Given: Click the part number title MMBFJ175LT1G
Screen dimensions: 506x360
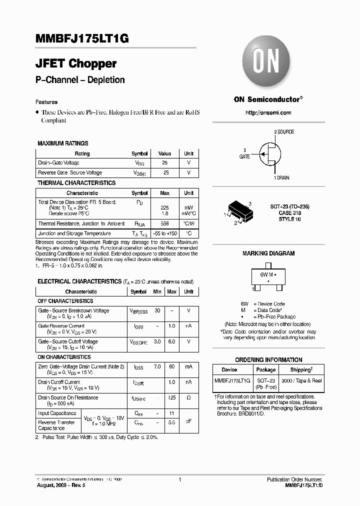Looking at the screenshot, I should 82,40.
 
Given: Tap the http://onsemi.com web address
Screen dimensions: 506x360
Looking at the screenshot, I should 268,113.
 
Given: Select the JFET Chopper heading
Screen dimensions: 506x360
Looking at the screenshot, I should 76,64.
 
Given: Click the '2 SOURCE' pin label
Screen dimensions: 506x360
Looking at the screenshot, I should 283,132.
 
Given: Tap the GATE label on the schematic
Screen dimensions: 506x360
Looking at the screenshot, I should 244,156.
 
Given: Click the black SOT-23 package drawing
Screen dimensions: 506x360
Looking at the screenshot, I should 238,211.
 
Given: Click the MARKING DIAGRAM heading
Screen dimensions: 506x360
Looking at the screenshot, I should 268,253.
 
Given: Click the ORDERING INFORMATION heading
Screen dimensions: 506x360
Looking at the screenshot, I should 268,360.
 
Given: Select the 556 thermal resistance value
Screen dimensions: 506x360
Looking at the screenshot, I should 164,224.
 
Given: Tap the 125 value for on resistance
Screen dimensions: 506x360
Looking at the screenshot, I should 171,397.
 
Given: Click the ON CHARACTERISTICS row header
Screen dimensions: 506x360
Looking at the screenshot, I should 64,357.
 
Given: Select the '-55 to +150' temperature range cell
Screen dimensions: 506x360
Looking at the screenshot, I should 165,233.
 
